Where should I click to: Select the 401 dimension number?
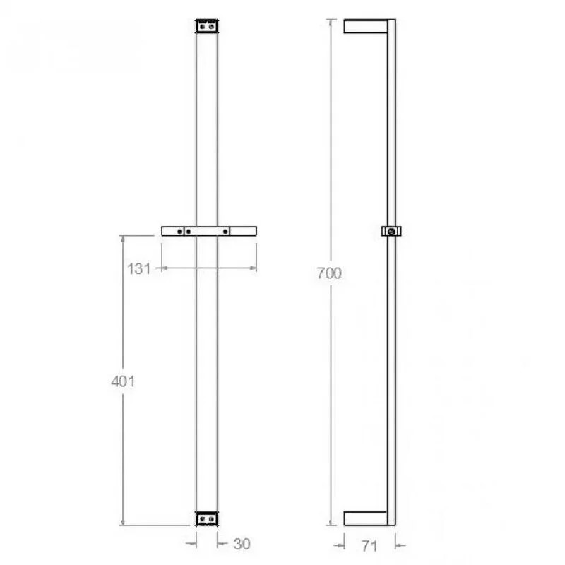pyautogui.click(x=123, y=381)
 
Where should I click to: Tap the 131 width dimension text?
pyautogui.click(x=140, y=268)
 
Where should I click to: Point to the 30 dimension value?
pyautogui.click(x=242, y=544)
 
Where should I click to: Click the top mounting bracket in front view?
pyautogui.click(x=206, y=25)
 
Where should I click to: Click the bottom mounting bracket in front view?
pyautogui.click(x=206, y=518)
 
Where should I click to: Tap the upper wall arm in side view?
pyautogui.click(x=365, y=26)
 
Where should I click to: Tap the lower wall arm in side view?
pyautogui.click(x=365, y=518)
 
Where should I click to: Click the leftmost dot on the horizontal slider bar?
pyautogui.click(x=181, y=231)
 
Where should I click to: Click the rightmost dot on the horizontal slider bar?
pyautogui.click(x=226, y=231)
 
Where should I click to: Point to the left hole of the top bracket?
pyautogui.click(x=202, y=25)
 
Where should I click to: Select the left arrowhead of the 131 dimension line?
pyautogui.click(x=165, y=268)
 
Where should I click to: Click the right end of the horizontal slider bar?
pyautogui.click(x=255, y=231)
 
